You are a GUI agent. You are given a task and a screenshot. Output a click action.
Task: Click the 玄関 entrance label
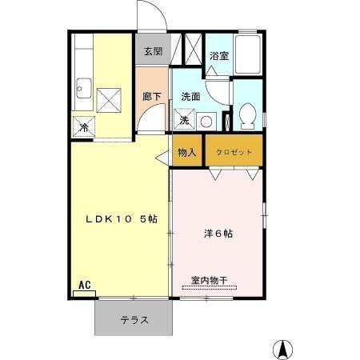tap(152, 52)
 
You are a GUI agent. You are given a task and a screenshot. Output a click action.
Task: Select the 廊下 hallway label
tap(151, 97)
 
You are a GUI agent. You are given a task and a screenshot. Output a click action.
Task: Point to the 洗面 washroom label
tap(190, 97)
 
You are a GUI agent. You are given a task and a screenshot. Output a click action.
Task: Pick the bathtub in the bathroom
tap(250, 55)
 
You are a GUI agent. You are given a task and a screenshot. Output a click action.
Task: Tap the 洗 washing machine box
tap(184, 122)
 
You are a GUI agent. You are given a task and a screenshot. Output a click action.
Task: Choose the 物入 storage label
tap(187, 152)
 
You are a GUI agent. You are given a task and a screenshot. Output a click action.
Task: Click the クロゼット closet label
tap(234, 152)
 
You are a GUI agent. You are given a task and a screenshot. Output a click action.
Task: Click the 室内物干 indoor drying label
tap(209, 281)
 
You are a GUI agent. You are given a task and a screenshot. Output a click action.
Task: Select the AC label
tap(83, 285)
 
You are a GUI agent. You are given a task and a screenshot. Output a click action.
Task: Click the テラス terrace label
tap(134, 320)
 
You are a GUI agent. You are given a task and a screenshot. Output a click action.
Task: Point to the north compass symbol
tap(282, 350)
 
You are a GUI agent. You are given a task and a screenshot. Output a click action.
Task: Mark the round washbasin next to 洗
tap(206, 122)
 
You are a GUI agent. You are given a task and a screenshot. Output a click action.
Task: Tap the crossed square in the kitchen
tap(108, 98)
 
